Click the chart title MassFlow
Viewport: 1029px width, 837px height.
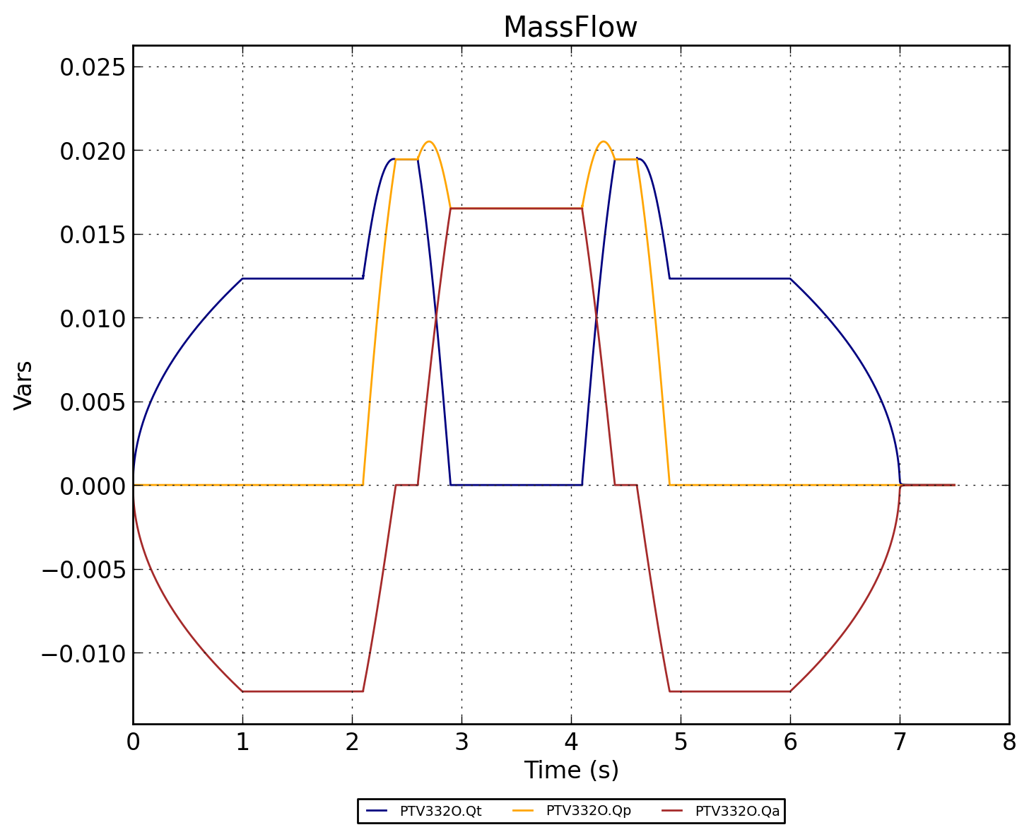570,28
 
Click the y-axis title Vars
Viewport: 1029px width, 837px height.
24,385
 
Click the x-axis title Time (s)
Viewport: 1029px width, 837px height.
571,770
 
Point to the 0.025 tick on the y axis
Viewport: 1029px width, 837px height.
92,67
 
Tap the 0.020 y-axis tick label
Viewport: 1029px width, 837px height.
92,151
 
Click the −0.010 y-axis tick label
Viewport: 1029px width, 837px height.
83,653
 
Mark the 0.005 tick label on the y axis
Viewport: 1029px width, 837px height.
92,402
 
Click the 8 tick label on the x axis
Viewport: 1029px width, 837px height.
1009,742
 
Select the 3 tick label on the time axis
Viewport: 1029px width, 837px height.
461,742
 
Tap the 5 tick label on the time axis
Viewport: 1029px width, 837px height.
681,742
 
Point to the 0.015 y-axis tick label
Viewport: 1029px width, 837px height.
92,235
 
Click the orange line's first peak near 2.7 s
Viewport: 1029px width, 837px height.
429,141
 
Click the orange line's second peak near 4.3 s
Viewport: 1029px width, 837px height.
603,141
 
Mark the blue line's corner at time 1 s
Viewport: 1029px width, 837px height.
242,279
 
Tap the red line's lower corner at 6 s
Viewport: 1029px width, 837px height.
790,691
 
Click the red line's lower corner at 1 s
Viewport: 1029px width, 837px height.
242,691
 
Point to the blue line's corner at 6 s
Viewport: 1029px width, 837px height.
790,279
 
